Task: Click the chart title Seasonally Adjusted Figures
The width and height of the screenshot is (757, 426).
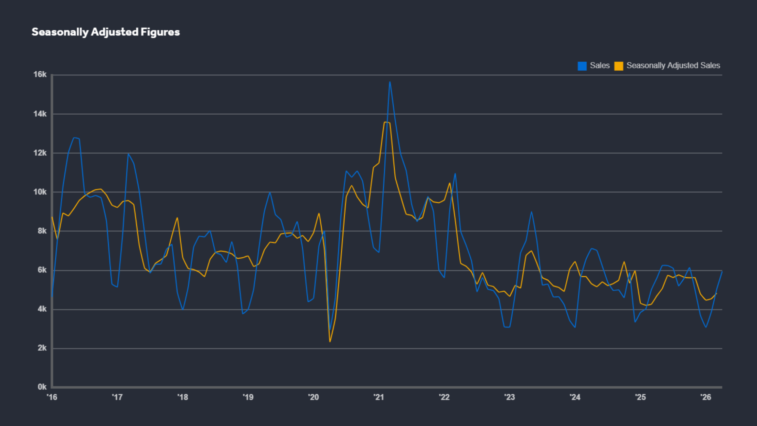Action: [x=106, y=32]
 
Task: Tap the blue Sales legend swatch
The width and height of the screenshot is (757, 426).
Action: [x=582, y=66]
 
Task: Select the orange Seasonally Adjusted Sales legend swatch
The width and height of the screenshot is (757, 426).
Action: [x=619, y=66]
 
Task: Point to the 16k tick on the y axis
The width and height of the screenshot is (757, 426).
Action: [x=40, y=74]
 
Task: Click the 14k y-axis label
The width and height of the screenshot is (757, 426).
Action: [x=40, y=114]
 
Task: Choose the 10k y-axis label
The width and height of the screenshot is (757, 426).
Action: [x=40, y=192]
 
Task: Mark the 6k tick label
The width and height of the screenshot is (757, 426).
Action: [x=42, y=270]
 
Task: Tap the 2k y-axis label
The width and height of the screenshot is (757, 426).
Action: [x=42, y=348]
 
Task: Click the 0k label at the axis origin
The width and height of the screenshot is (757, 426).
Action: [x=42, y=387]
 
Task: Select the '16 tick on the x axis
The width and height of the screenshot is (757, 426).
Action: [x=52, y=397]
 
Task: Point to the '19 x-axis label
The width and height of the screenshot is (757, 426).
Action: [x=248, y=397]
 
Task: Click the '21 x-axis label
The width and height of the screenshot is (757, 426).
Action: [x=379, y=397]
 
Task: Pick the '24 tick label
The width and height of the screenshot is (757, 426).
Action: [x=575, y=397]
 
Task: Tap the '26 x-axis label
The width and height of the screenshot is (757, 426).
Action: [x=706, y=397]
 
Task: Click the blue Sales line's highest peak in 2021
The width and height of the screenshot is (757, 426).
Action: [x=390, y=82]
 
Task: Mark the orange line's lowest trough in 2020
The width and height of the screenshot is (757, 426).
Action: [x=330, y=342]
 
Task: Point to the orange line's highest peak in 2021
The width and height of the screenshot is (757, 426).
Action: [x=385, y=122]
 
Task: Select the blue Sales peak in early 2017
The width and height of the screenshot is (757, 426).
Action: [x=128, y=154]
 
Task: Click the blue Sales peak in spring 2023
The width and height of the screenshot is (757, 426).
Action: [x=532, y=212]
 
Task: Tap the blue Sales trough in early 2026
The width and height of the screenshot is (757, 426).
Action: [x=706, y=327]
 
